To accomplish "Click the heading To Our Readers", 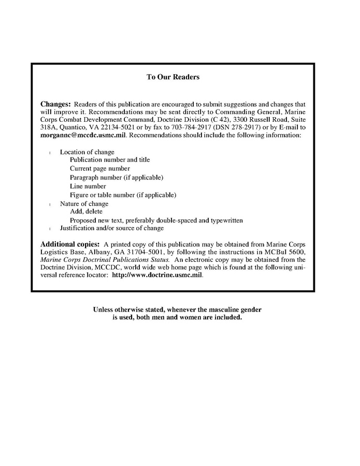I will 173,77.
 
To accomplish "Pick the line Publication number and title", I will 110,160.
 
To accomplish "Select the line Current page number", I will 100,169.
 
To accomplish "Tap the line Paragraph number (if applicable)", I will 117,178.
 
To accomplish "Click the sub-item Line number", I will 88,186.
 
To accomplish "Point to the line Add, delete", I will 87,211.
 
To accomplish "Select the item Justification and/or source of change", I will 112,228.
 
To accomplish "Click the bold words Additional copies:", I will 70,244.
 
